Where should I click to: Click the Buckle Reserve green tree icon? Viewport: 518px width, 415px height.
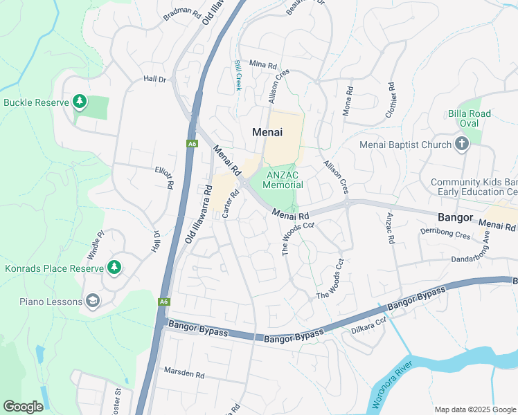pos(80,102)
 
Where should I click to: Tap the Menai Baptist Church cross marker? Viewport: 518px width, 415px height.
pos(462,145)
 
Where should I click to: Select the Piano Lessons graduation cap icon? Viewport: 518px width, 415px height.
pos(93,301)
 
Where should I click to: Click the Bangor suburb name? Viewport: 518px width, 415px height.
pos(456,217)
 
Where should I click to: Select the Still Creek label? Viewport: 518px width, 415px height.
pos(238,75)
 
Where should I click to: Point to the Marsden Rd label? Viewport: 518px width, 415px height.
pos(184,373)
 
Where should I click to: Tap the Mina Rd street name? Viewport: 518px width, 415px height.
pos(262,63)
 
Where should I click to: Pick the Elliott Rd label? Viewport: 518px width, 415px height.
pos(164,180)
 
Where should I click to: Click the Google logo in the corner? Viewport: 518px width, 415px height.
pos(24,407)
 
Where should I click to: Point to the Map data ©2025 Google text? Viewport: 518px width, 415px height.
pos(474,409)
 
